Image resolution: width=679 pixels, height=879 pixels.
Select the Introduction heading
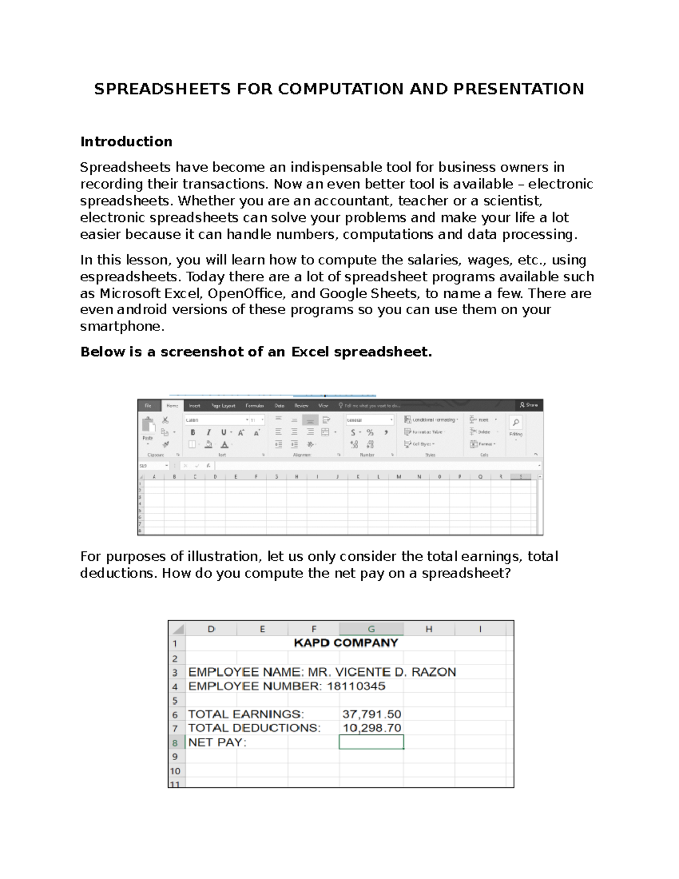click(126, 142)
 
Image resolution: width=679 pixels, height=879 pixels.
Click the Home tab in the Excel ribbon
click(172, 405)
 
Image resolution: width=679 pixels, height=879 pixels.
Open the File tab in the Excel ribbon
click(148, 405)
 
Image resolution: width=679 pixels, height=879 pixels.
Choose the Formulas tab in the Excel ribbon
click(255, 405)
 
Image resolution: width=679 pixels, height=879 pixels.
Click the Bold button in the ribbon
click(193, 432)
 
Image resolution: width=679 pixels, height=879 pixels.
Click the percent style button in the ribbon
click(370, 432)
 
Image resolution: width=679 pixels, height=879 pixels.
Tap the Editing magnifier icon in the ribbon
click(515, 423)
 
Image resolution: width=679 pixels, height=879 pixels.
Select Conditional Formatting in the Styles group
click(431, 419)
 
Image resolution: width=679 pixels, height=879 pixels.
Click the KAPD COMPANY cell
click(346, 643)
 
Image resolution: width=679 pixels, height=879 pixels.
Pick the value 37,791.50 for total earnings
click(372, 714)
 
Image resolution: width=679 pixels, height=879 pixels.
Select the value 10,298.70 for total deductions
click(372, 728)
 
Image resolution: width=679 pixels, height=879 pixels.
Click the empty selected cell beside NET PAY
click(371, 742)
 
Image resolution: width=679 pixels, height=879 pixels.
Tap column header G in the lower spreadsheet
click(371, 629)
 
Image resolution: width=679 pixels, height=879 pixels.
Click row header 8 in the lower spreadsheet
click(175, 743)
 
